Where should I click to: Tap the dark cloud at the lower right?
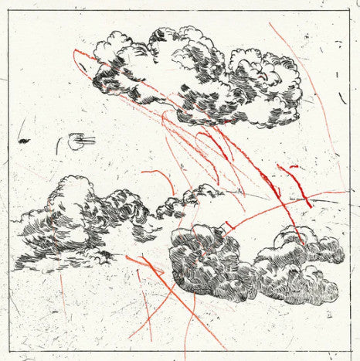tap(247, 263)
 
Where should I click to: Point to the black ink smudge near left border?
tap(25, 141)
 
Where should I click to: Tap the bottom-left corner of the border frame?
tap(8, 351)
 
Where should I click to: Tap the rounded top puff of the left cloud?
tap(73, 189)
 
